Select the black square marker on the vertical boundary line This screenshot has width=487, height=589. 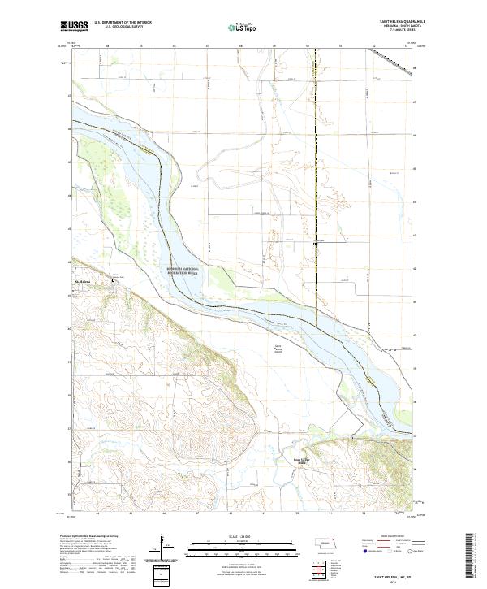(x=316, y=243)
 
